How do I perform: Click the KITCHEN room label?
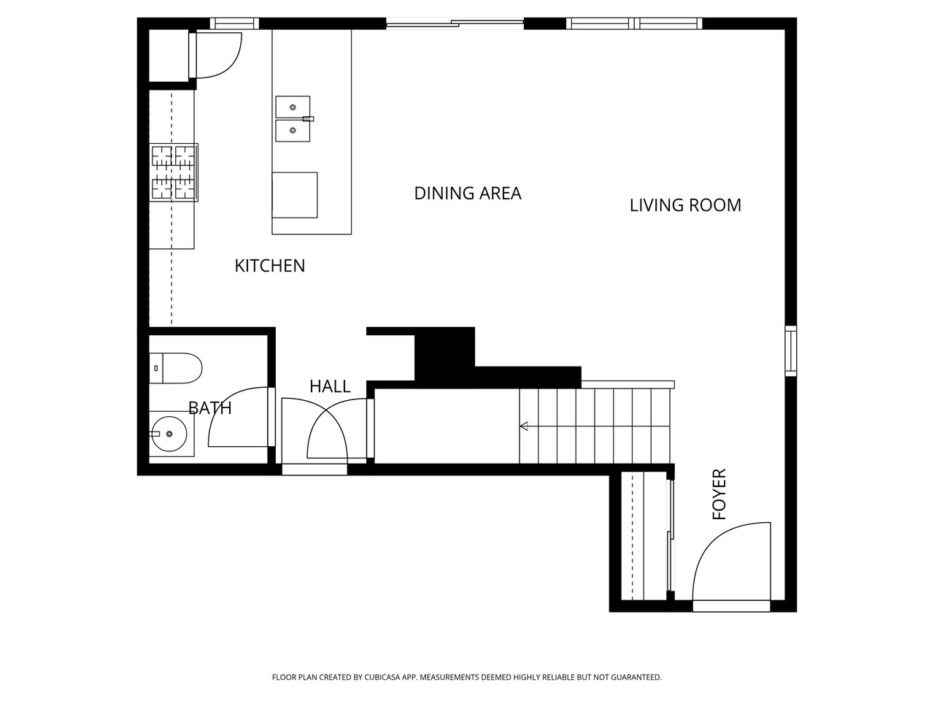click(x=269, y=266)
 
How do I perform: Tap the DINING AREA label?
click(x=467, y=194)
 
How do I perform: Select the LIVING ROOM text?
click(x=684, y=205)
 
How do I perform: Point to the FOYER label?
click(x=719, y=494)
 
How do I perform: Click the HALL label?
click(x=330, y=386)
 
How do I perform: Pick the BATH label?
click(x=210, y=408)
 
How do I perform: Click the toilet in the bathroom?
click(x=175, y=368)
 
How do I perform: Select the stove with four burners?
click(x=174, y=172)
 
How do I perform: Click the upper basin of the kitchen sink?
click(x=293, y=107)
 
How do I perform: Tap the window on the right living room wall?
click(x=790, y=351)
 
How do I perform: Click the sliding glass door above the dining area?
click(x=455, y=24)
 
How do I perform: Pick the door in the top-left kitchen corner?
click(x=215, y=55)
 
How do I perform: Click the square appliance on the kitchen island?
click(x=295, y=195)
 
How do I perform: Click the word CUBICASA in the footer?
click(x=393, y=678)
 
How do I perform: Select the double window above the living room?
click(x=634, y=23)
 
